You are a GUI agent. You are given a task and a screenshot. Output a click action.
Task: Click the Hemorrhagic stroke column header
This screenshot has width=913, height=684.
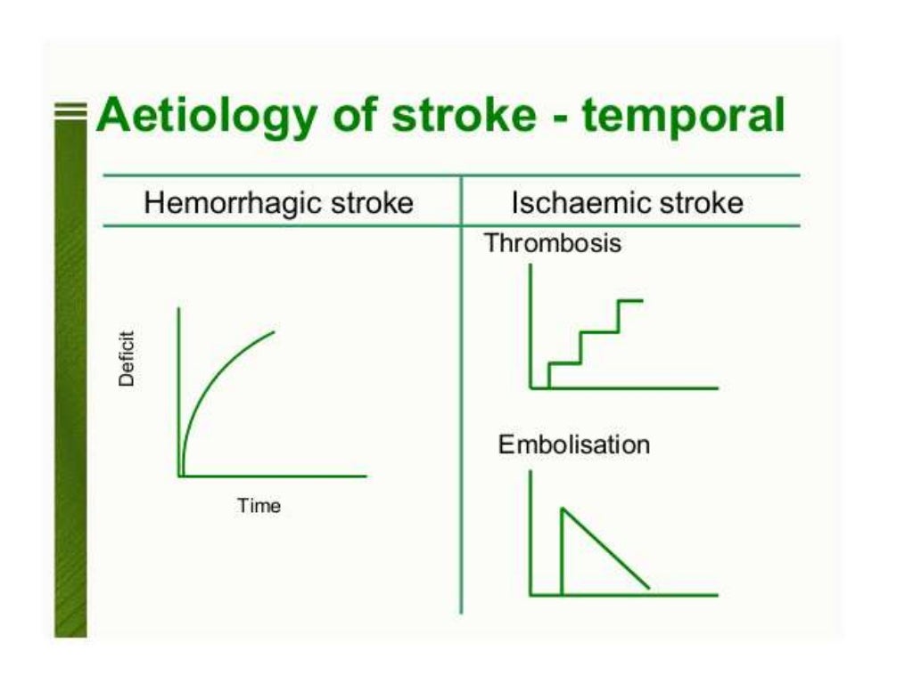278,203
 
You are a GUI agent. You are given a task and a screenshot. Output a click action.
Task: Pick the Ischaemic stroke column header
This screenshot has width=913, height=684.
627,203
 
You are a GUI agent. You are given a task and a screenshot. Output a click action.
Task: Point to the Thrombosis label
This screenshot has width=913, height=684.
552,243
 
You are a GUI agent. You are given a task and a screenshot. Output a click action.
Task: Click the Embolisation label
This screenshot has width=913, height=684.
573,444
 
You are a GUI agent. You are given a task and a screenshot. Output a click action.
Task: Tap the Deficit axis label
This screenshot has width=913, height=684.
127,358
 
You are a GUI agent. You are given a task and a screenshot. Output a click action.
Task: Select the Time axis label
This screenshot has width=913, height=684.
259,506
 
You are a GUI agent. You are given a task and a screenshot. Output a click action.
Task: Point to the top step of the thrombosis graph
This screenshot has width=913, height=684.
630,301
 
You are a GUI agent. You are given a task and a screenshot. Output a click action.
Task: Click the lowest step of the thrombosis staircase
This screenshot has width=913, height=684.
564,362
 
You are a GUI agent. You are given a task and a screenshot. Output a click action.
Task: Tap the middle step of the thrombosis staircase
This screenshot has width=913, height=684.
599,332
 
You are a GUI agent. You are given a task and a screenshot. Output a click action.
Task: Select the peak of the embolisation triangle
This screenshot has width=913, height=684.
562,509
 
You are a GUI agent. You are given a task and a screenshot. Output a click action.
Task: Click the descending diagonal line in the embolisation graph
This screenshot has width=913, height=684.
606,550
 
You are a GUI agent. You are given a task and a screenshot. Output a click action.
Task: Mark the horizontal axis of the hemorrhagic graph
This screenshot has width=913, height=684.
285,476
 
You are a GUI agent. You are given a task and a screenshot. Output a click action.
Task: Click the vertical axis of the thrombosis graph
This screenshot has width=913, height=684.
531,330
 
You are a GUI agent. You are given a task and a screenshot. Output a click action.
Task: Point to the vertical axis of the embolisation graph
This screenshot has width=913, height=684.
531,534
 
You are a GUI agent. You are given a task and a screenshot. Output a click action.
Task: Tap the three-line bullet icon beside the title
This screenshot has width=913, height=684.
70,111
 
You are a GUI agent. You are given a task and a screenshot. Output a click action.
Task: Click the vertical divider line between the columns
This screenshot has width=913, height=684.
461,401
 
